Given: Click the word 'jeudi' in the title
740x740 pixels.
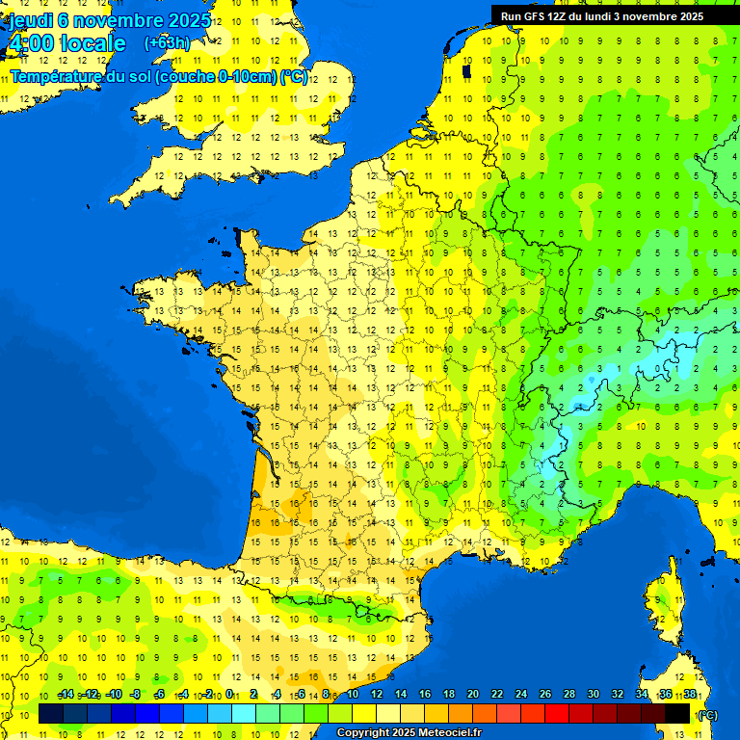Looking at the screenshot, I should [x=31, y=20].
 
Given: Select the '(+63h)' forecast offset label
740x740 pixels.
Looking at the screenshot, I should [x=167, y=43].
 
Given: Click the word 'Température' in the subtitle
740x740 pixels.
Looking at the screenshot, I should [x=53, y=76].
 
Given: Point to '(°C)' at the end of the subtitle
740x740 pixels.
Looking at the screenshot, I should [x=294, y=76].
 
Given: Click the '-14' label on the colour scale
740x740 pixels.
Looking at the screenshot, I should [x=66, y=695].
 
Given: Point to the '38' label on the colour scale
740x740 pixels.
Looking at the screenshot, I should [x=690, y=695].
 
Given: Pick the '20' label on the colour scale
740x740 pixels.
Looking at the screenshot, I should [x=473, y=695].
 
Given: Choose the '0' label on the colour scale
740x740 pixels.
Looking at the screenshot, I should [x=228, y=695].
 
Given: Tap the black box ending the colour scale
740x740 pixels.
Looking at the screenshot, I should [x=678, y=713].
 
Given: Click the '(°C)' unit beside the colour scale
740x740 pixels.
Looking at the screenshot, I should [x=706, y=714].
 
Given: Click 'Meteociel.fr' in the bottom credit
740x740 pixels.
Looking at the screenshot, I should [x=450, y=733].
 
